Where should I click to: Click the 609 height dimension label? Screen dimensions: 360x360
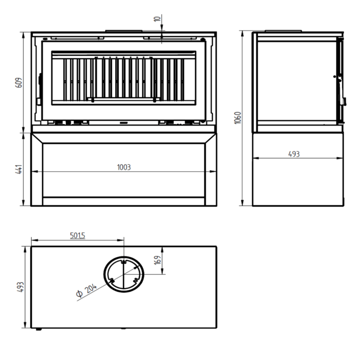click(19, 83)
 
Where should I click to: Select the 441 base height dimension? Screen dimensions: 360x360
click(19, 169)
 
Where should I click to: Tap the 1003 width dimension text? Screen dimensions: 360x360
click(124, 167)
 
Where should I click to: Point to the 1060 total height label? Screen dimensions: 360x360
click(238, 118)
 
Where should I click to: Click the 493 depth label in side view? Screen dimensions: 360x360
click(294, 154)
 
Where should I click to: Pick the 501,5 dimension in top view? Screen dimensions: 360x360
click(77, 235)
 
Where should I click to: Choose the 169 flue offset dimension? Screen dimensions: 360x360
click(158, 260)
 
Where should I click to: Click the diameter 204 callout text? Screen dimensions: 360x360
click(86, 291)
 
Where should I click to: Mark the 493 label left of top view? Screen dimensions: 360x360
click(20, 287)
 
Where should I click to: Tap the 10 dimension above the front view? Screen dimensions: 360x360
click(157, 19)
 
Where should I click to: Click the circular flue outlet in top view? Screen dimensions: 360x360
click(124, 256)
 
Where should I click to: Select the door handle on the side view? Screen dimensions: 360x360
click(344, 102)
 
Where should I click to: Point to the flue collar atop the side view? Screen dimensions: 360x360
click(283, 31)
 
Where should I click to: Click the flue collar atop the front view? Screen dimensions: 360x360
click(124, 31)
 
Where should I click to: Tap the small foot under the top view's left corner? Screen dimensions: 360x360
click(39, 329)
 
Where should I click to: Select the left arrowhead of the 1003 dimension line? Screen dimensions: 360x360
click(35, 171)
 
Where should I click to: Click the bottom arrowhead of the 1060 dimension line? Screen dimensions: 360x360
click(242, 203)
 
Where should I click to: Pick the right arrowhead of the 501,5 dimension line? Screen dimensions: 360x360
click(121, 240)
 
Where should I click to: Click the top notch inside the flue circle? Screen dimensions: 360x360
click(124, 262)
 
